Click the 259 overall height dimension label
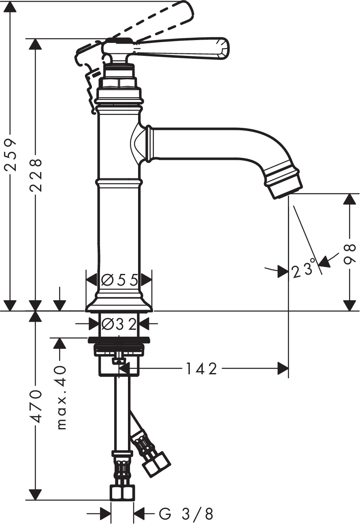pyautogui.click(x=11, y=155)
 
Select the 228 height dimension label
pyautogui.click(x=35, y=176)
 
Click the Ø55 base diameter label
pyautogui.click(x=119, y=280)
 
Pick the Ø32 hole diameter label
pyautogui.click(x=119, y=324)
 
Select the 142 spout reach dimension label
pyautogui.click(x=201, y=369)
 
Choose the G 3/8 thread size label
pyautogui.click(x=186, y=514)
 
